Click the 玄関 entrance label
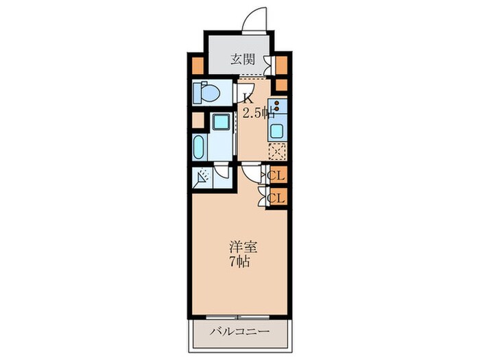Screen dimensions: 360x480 (x=239, y=60)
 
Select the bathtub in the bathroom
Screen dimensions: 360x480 (x=199, y=146)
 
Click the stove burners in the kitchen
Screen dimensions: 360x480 (x=278, y=107)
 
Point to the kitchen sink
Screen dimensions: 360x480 (x=278, y=132)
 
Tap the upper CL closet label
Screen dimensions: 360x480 (x=277, y=176)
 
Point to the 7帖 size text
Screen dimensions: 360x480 (x=239, y=261)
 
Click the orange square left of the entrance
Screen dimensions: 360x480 (x=197, y=67)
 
